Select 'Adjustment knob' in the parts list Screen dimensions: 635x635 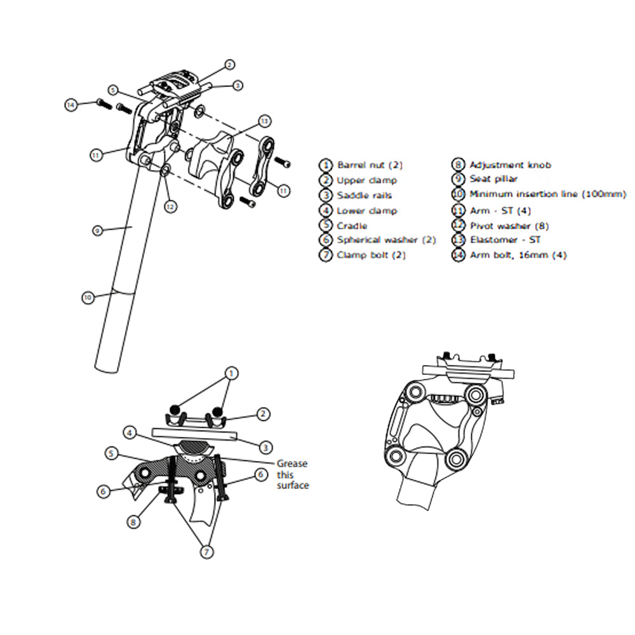(x=510, y=165)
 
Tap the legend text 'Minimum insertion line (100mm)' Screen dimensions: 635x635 (x=547, y=195)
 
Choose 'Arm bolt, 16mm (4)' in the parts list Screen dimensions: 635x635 (x=518, y=255)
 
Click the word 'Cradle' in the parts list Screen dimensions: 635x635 (x=352, y=225)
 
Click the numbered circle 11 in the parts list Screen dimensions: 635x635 (x=458, y=210)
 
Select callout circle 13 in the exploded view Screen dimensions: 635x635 (x=264, y=121)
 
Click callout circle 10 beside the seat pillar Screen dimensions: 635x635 (x=88, y=297)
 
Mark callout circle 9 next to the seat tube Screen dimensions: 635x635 (x=97, y=231)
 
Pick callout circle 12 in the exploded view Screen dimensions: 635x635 (x=170, y=206)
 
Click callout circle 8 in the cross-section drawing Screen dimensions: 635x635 (x=133, y=523)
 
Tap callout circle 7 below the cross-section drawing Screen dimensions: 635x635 (x=206, y=552)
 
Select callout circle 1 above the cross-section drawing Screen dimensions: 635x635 (x=232, y=373)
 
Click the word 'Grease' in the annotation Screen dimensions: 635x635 (x=292, y=464)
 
